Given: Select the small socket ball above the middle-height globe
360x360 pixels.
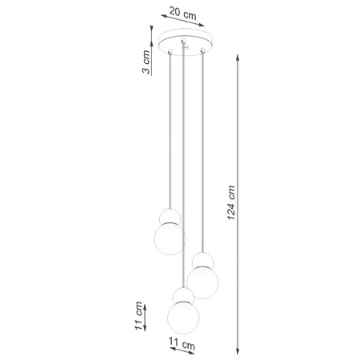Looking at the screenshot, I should coord(202,261).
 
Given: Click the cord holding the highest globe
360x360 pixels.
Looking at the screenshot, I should coord(170,128).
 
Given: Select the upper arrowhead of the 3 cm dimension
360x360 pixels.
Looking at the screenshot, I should coord(151,30).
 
